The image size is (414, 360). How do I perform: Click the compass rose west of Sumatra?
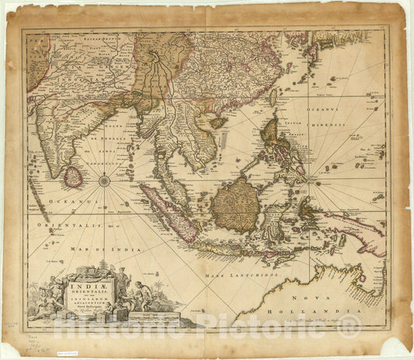[103, 181]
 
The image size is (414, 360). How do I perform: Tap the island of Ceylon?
[73, 177]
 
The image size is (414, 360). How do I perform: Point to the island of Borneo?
[236, 204]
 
